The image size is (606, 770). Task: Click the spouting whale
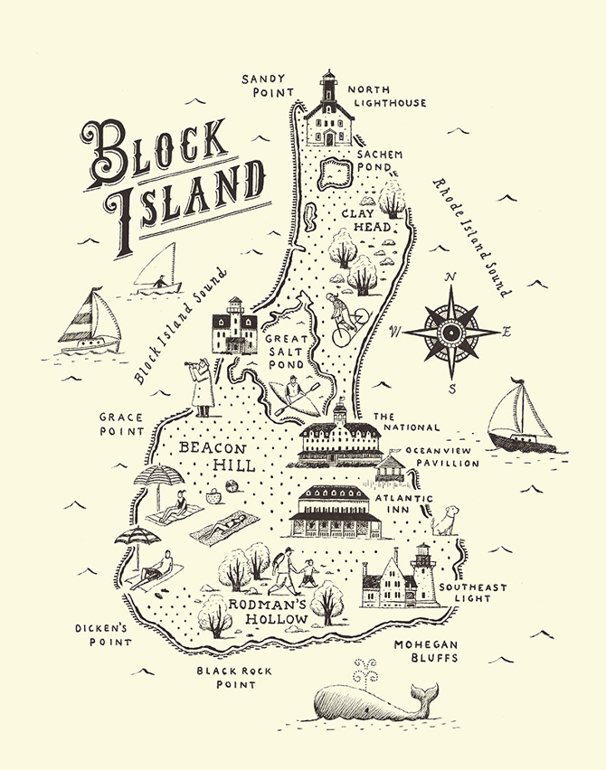point(371,701)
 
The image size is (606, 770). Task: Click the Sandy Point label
point(269,85)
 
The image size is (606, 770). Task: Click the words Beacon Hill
point(213,456)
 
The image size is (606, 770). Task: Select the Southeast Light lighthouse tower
point(423,573)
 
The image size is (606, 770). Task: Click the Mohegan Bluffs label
point(425,651)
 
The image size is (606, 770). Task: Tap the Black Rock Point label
point(228,677)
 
